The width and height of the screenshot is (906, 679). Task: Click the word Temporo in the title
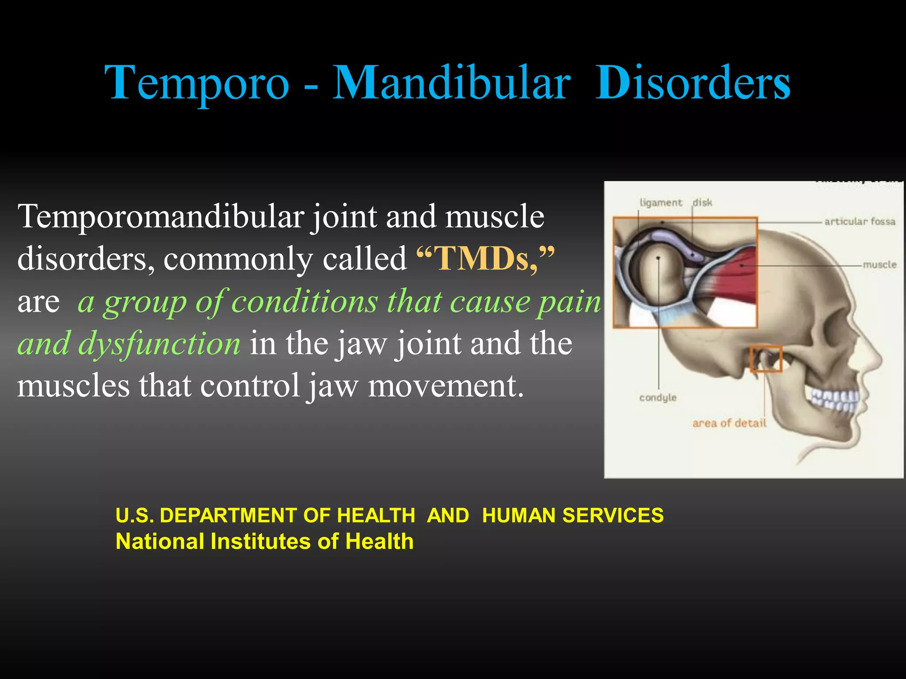[x=197, y=83]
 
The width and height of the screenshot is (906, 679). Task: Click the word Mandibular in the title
[x=451, y=83]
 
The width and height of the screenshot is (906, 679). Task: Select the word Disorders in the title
[x=693, y=83]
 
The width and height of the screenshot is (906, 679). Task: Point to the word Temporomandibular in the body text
[x=161, y=217]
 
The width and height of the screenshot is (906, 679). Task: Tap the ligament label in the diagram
[x=661, y=202]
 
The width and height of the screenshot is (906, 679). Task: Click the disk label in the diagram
[x=703, y=202]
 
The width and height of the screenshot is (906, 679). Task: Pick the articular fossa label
[x=860, y=221]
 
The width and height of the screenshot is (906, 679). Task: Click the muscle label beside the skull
[x=879, y=265]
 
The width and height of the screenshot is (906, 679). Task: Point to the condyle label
[x=658, y=397]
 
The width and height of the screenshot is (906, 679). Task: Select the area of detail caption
[x=729, y=423]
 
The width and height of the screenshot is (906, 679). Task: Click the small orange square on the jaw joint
[x=766, y=359]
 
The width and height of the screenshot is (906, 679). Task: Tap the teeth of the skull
[x=834, y=398]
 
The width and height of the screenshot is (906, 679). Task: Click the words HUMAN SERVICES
[x=573, y=515]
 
